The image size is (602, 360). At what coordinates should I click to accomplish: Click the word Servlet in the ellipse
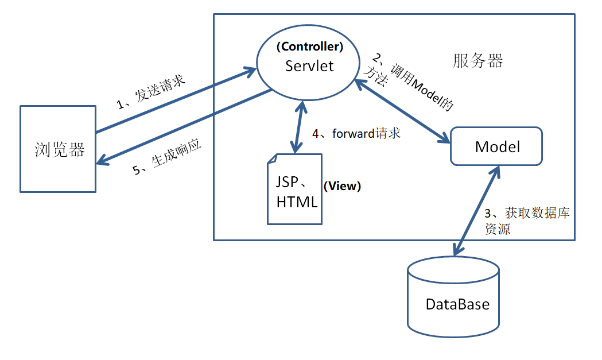tap(309, 65)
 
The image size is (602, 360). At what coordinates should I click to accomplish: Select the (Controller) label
tap(310, 47)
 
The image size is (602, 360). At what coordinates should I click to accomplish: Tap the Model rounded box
tap(497, 146)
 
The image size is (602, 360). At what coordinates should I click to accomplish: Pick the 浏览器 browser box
tap(57, 149)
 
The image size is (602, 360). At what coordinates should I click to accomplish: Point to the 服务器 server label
tap(477, 61)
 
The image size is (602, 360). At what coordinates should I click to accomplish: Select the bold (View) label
tap(343, 186)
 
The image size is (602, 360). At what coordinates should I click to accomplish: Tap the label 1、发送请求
tap(151, 91)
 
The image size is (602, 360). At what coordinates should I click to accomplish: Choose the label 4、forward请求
tap(356, 134)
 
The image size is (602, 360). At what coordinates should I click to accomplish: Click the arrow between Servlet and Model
tap(402, 111)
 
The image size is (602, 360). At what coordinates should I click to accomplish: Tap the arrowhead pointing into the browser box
tap(102, 161)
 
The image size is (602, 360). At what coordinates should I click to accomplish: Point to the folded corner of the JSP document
tap(273, 159)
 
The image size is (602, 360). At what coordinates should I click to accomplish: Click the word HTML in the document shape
tap(297, 202)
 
